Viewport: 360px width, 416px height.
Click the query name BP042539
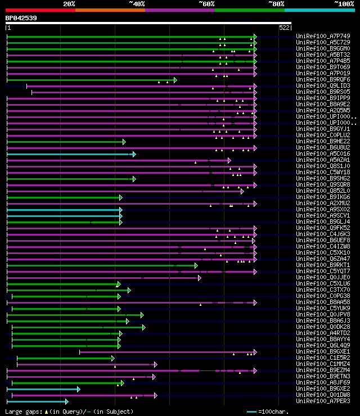[21, 18]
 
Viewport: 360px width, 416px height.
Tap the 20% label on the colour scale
[69, 4]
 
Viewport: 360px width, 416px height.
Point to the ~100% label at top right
[344, 4]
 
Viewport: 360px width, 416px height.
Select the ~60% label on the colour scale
[206, 4]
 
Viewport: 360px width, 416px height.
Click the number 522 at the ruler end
[284, 27]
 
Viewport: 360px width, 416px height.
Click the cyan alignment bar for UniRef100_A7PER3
[37, 401]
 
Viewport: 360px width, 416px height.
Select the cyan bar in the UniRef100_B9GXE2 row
[43, 389]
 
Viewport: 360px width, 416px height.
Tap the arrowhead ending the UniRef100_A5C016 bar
[134, 154]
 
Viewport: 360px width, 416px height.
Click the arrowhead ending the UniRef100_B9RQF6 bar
[175, 80]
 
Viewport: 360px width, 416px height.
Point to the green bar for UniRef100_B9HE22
[65, 142]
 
